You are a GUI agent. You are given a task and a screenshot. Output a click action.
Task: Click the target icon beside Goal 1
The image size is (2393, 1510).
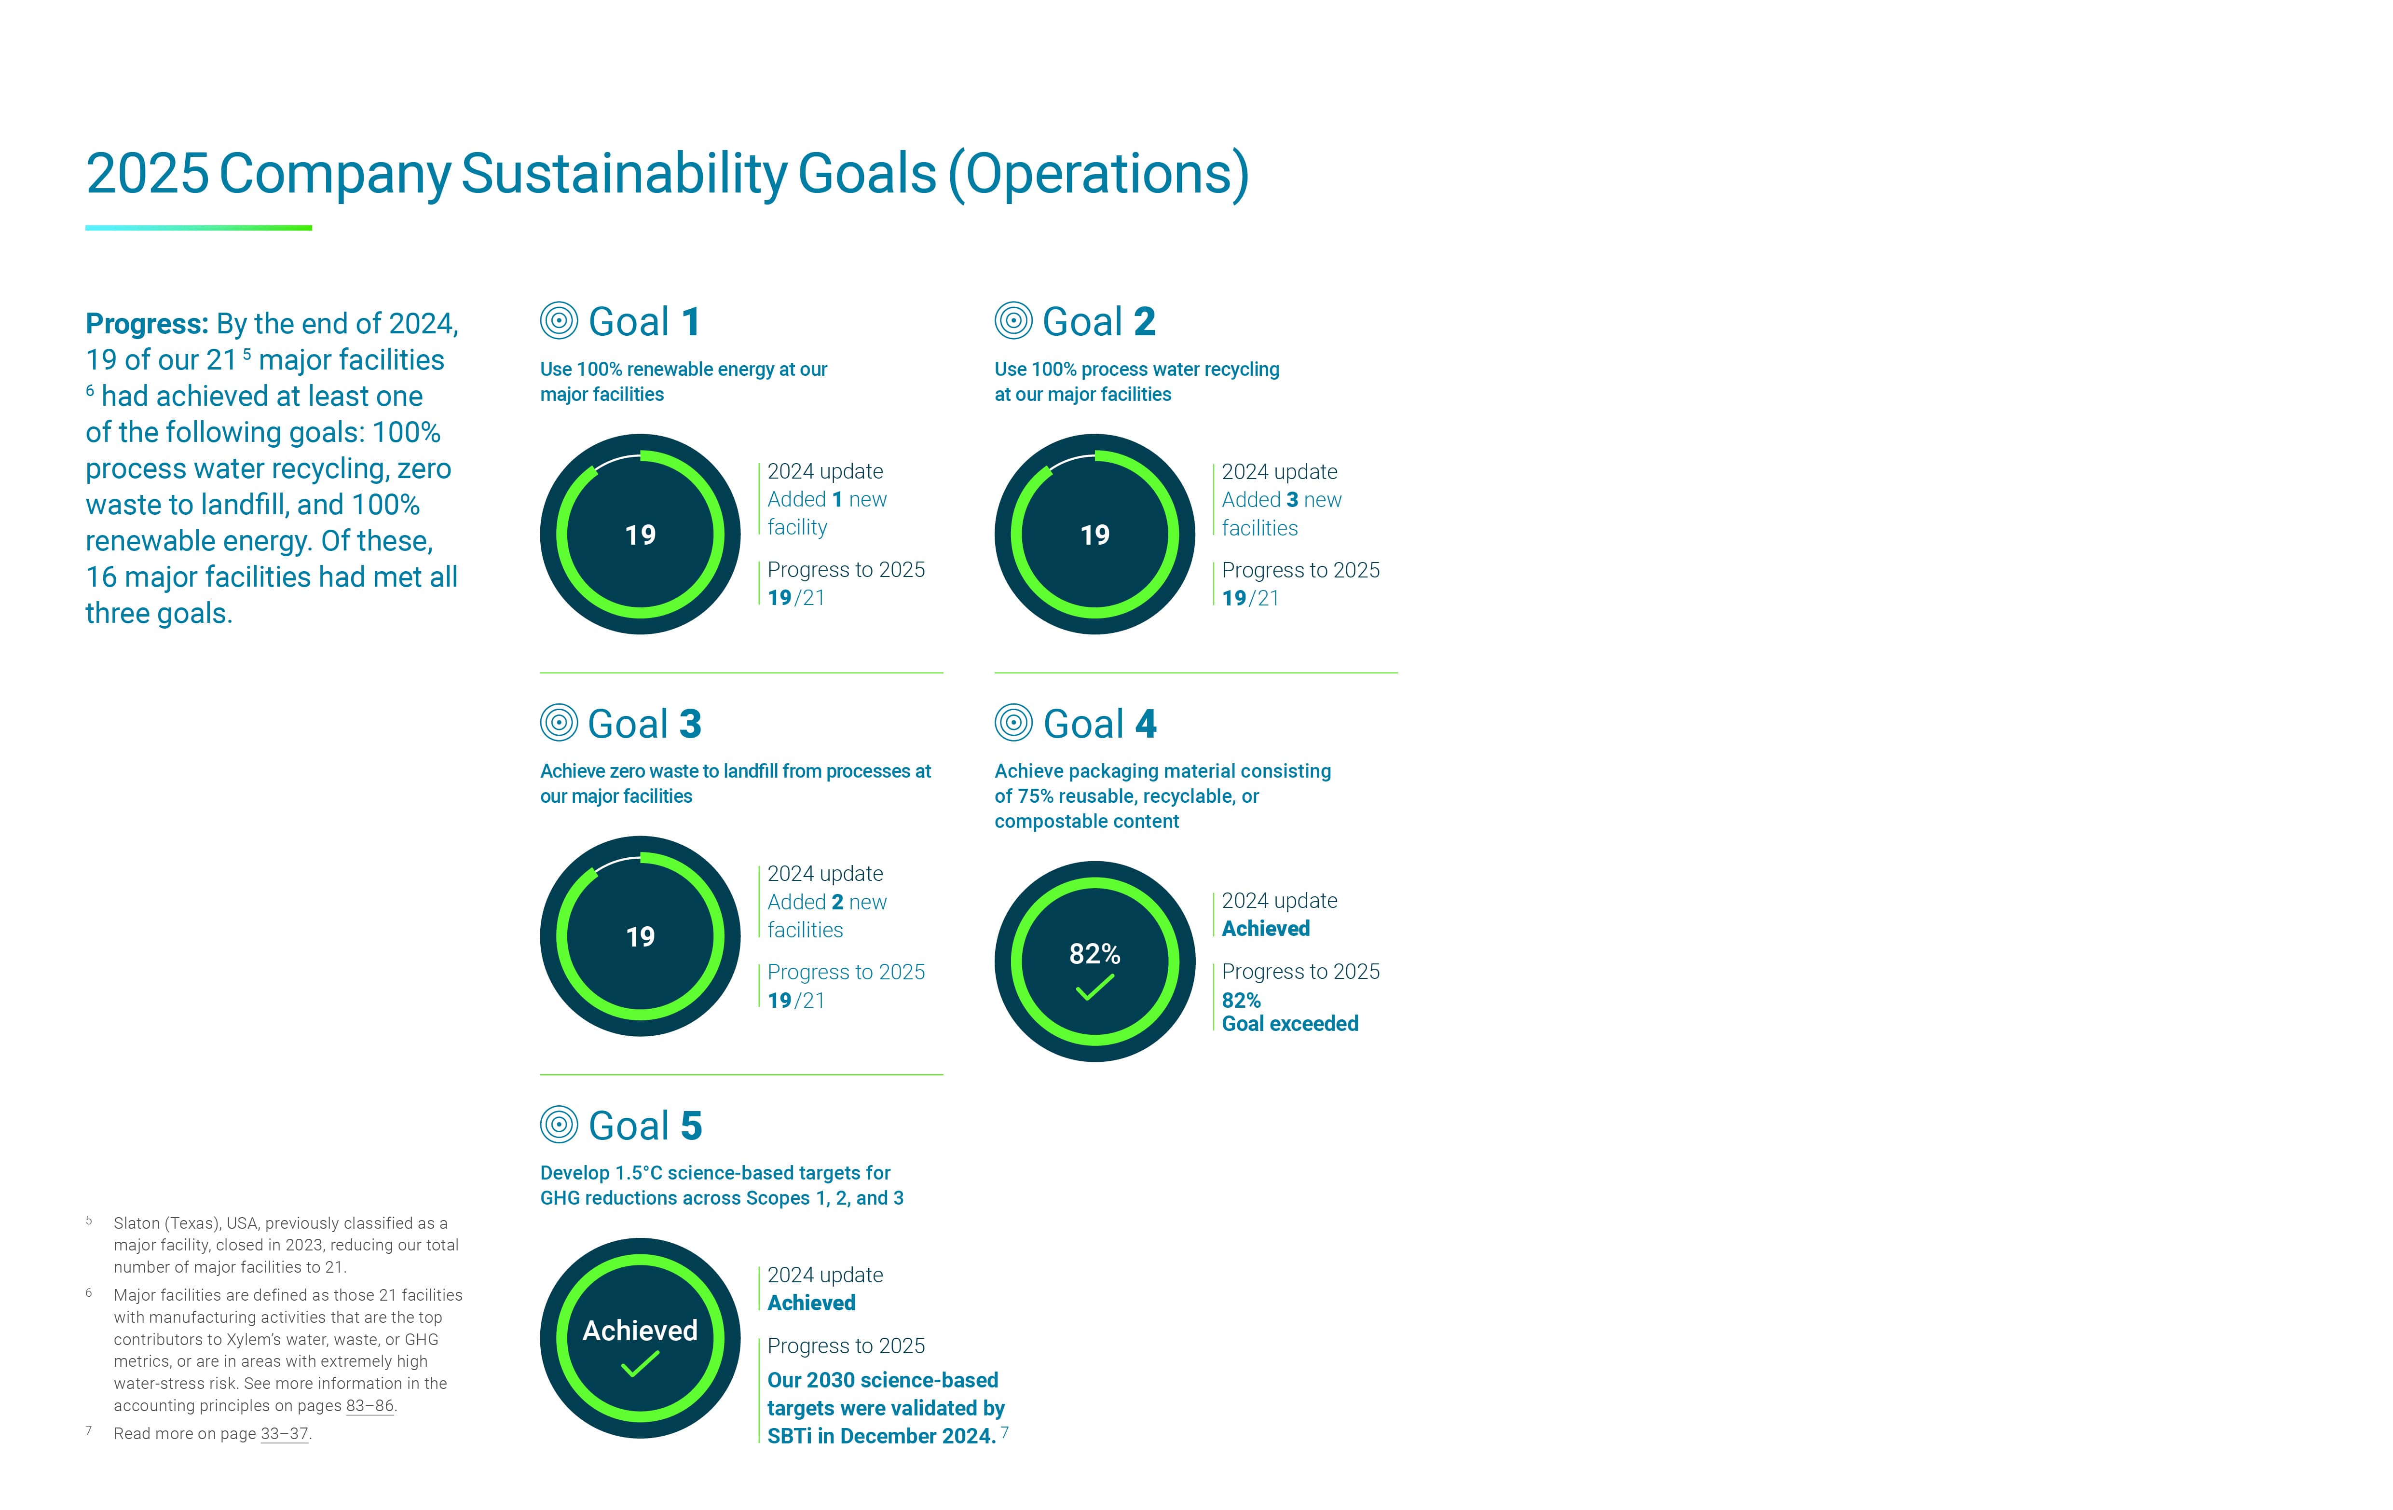point(559,321)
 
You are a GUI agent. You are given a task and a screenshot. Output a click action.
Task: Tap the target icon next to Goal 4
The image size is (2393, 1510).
point(1013,723)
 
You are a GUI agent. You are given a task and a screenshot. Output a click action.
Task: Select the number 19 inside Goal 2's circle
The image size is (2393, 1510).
point(1095,535)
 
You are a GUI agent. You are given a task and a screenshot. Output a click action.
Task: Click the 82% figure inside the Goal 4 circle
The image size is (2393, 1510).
point(1095,954)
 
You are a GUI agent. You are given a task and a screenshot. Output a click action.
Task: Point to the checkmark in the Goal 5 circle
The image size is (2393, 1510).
point(640,1365)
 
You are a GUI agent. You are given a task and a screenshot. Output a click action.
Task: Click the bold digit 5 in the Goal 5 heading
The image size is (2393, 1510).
point(691,1126)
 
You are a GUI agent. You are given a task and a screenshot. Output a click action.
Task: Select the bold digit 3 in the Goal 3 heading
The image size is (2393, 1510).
point(691,725)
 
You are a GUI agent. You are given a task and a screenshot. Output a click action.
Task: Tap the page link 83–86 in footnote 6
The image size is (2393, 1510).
point(369,1406)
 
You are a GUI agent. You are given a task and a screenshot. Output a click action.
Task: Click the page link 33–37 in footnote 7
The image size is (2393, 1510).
point(284,1433)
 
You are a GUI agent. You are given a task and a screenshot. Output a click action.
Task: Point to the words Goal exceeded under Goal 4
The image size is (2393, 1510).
point(1290,1024)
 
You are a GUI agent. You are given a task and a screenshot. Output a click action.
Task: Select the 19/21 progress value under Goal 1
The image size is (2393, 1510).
point(796,597)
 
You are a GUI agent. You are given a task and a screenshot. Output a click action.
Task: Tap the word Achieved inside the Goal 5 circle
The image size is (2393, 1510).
point(640,1330)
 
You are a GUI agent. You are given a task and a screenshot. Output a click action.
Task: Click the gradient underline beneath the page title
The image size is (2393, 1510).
point(199,228)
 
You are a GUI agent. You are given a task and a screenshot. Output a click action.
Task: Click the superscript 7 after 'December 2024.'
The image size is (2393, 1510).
point(1005,1431)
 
